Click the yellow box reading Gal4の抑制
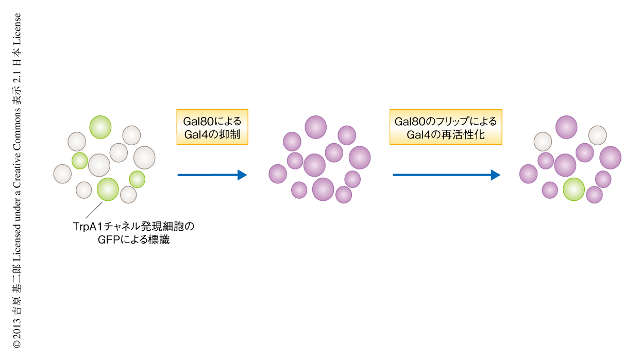click(212, 127)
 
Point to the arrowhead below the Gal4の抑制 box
click(242, 175)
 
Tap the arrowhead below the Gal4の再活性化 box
click(495, 175)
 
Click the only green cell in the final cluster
click(574, 189)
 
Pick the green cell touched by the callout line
click(108, 189)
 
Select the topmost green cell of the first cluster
click(100, 126)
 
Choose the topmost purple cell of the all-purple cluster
click(315, 127)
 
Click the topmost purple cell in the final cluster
click(566, 127)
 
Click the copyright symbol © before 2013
click(16, 342)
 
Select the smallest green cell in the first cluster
click(80, 161)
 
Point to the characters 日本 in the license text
click(16, 57)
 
